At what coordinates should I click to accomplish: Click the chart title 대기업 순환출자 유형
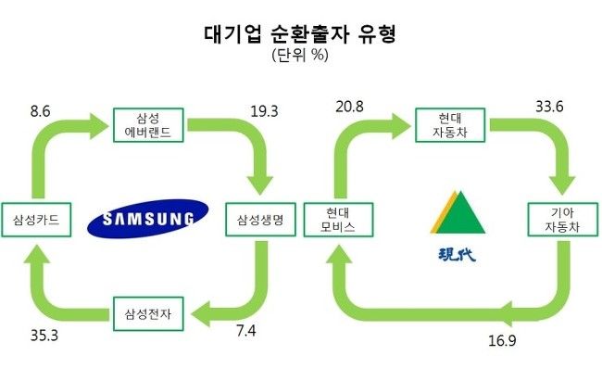pos(301,35)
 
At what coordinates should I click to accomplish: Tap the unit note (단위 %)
pos(301,56)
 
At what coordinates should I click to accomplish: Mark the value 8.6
pos(41,109)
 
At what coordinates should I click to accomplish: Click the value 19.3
pos(264,109)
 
